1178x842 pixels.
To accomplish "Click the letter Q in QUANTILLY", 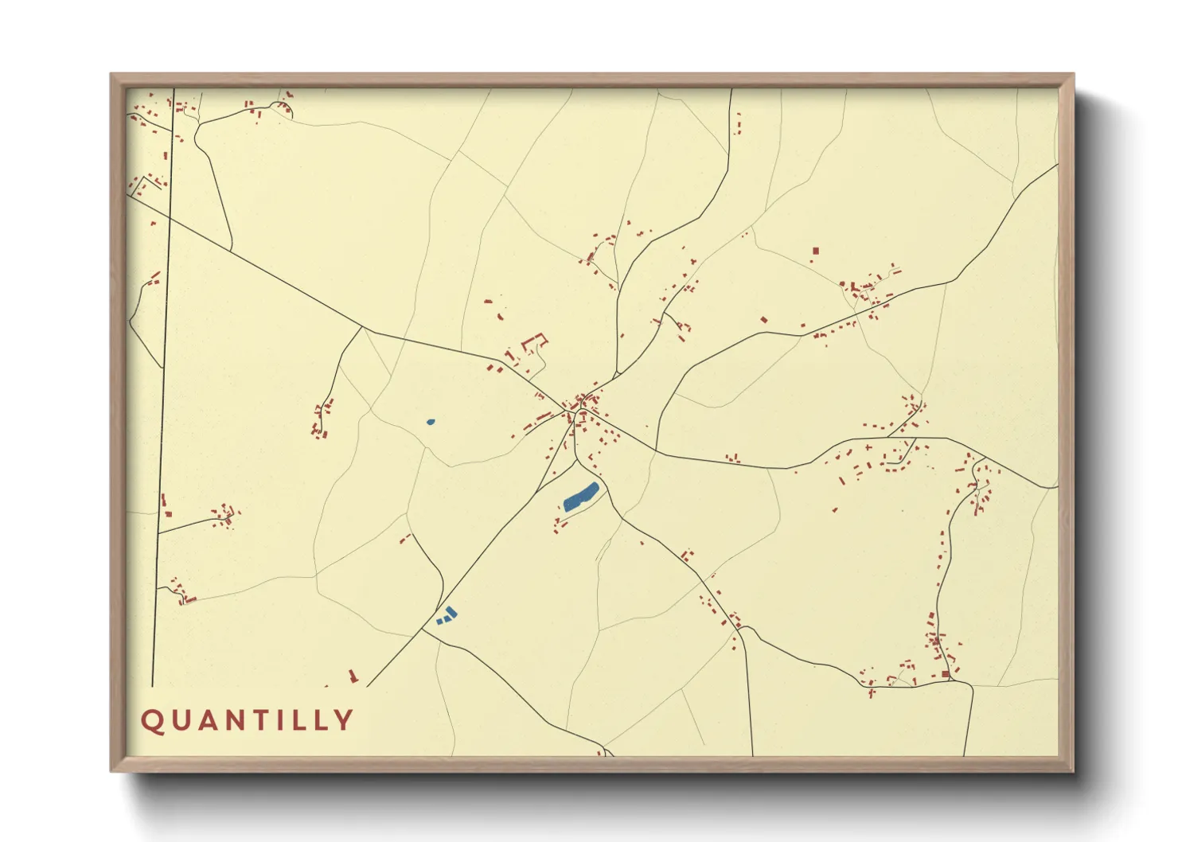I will tap(152, 720).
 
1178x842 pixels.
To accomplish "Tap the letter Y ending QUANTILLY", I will tap(344, 720).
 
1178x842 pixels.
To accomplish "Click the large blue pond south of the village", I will tap(580, 497).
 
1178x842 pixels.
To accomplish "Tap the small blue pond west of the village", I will tap(431, 422).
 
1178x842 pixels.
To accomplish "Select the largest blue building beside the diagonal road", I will tap(451, 612).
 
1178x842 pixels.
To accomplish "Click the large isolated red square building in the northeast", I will tap(815, 251).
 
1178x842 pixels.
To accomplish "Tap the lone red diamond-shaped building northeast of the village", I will tap(764, 320).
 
